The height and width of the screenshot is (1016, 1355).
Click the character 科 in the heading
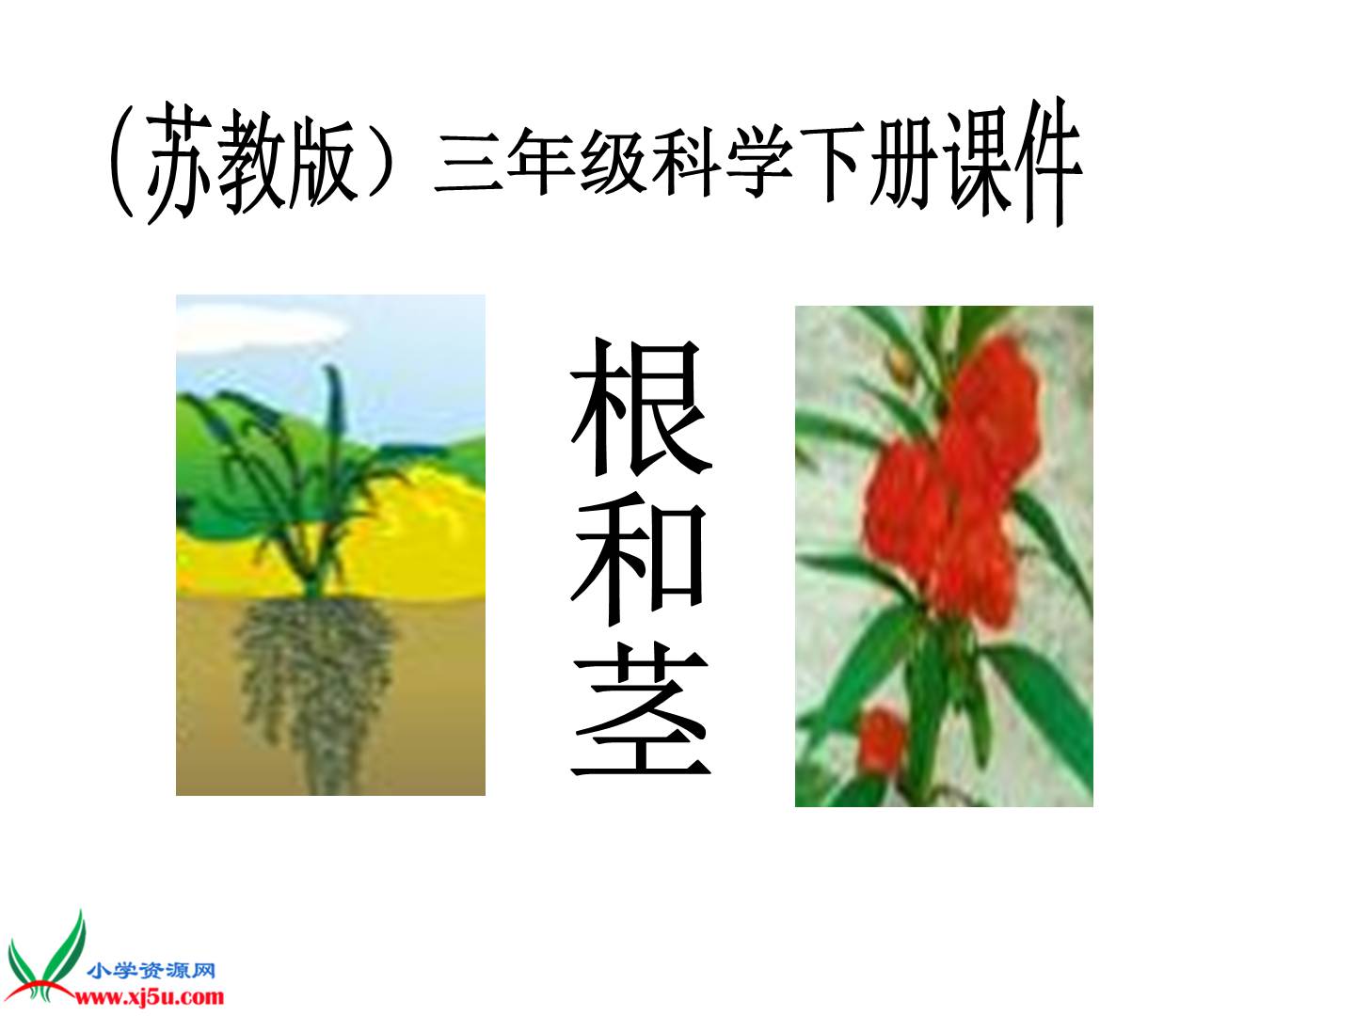(x=686, y=162)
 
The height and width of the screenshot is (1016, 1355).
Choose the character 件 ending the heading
(x=1047, y=164)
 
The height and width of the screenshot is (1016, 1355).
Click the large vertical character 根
(x=641, y=407)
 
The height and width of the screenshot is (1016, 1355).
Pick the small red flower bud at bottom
(x=882, y=741)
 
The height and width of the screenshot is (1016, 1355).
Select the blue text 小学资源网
(x=151, y=970)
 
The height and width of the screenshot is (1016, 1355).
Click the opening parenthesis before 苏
(x=122, y=162)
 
